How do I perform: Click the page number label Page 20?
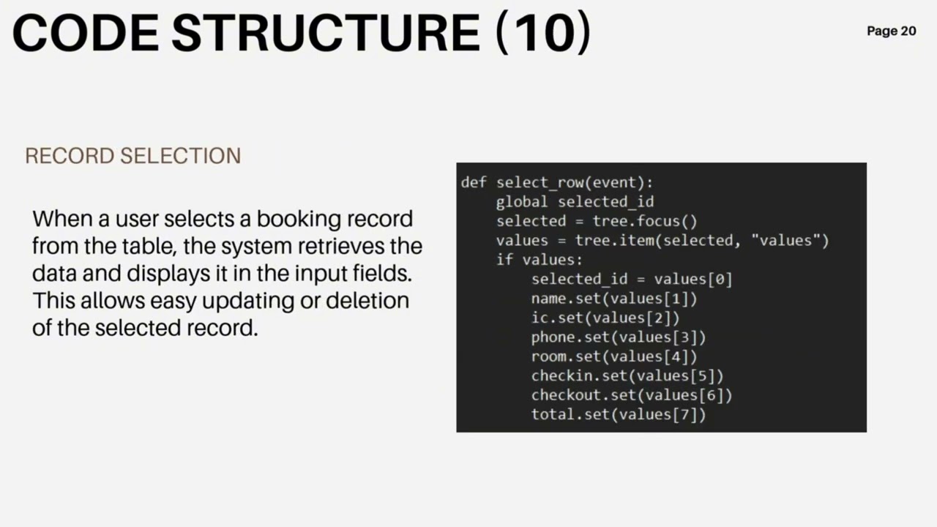[x=892, y=31]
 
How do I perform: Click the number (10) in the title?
[x=543, y=33]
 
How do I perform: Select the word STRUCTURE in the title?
[x=326, y=33]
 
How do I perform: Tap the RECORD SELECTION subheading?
[x=133, y=156]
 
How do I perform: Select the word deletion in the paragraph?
[x=367, y=300]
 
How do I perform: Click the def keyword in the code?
[x=474, y=182]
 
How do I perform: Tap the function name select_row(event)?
[x=575, y=183]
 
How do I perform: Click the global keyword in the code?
[x=522, y=202]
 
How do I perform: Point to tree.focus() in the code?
[x=645, y=221]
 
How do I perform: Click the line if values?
[x=540, y=260]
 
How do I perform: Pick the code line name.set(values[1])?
[x=614, y=299]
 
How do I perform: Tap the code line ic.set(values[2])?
[x=605, y=318]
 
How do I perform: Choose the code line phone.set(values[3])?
[x=619, y=337]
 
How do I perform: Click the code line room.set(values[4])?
[x=614, y=356]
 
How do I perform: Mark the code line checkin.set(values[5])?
[x=627, y=375]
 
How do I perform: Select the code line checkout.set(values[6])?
[x=632, y=395]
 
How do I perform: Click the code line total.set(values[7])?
[x=619, y=414]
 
